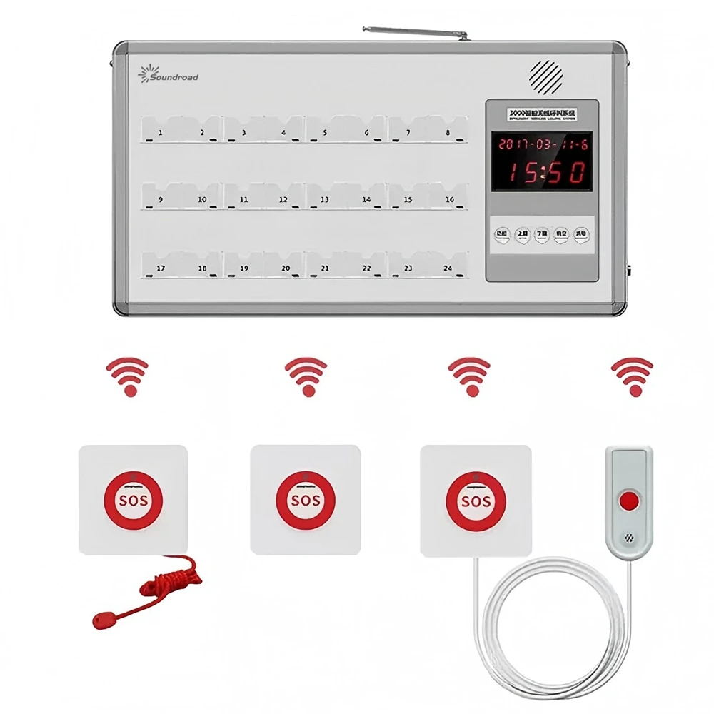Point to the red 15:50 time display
coord(544,172)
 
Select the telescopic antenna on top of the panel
coord(414,34)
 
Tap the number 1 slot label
coord(160,133)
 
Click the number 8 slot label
coord(448,132)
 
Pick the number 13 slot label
coord(324,201)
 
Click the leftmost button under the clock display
coord(503,233)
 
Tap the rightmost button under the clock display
coord(582,233)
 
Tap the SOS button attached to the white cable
coord(475,499)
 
